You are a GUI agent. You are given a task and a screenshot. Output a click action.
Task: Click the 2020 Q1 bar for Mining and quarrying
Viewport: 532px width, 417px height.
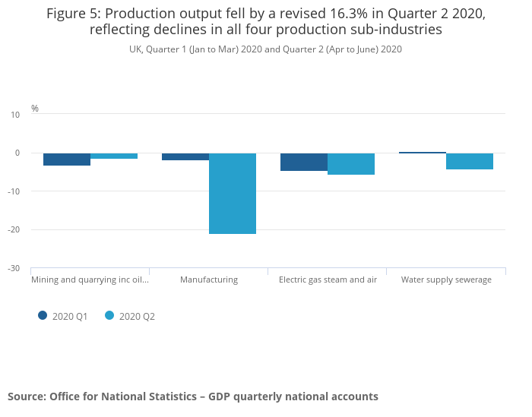[x=67, y=160]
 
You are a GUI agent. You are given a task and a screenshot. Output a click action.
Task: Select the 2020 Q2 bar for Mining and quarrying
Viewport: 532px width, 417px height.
[x=114, y=156]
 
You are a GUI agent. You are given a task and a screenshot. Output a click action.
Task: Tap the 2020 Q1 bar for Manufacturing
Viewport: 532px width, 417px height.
[x=185, y=156]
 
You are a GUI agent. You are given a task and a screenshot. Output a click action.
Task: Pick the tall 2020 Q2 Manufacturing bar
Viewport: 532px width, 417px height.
[x=233, y=194]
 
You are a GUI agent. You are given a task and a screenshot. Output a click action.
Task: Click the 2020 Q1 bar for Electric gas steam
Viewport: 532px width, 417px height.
[x=304, y=162]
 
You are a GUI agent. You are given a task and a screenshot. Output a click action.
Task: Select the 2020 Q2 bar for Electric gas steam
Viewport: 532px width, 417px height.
[x=351, y=164]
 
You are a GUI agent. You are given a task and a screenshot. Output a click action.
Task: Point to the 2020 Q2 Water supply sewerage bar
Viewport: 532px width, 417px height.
[x=470, y=161]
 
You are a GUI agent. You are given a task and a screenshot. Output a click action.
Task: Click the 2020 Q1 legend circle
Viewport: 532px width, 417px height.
[x=43, y=316]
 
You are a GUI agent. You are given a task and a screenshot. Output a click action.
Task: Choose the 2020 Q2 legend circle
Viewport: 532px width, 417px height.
[x=110, y=316]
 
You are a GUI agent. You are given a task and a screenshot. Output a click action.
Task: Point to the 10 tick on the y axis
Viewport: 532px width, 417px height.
[x=15, y=115]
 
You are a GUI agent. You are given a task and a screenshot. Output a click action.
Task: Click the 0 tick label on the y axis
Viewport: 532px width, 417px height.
[x=17, y=153]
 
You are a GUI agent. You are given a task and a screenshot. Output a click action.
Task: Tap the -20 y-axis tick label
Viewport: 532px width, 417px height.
[x=14, y=229]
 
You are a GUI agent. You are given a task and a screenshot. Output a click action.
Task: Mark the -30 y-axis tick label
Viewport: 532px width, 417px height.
[x=14, y=268]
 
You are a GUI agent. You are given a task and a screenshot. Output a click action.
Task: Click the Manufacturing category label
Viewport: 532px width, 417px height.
[x=209, y=280]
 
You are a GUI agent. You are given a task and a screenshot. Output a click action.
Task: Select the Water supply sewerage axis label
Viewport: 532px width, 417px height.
[x=446, y=280]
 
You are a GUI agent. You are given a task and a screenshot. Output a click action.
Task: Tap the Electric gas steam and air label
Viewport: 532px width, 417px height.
[x=328, y=280]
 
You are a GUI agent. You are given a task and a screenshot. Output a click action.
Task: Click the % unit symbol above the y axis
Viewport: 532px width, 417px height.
[x=35, y=109]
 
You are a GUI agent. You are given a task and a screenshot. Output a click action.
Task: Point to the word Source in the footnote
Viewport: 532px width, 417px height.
[x=26, y=396]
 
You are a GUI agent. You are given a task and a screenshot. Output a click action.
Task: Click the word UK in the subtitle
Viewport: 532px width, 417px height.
[x=135, y=49]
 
